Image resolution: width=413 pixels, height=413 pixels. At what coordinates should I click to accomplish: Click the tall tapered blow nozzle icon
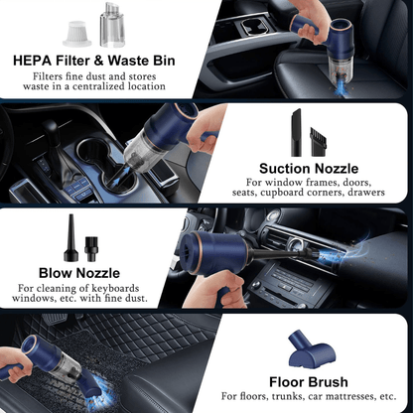[72, 234]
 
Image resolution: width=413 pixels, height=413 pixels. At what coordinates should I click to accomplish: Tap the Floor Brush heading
[309, 381]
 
